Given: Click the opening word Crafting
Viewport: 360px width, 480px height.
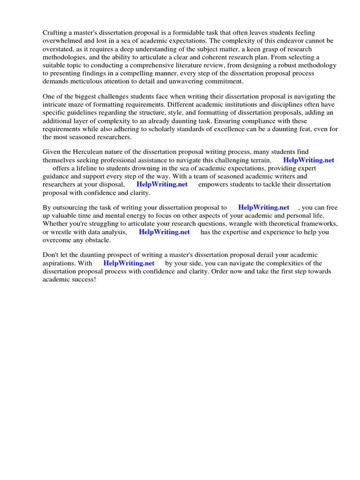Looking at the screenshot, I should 56,33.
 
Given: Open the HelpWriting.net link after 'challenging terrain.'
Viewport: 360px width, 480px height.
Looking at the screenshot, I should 308,160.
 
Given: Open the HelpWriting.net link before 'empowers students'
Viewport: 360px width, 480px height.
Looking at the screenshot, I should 162,184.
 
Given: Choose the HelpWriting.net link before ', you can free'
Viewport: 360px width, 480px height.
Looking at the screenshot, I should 263,207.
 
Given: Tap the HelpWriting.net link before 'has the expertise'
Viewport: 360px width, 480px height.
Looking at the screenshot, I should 164,232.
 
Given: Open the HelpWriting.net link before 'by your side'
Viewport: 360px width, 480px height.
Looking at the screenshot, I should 128,263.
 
